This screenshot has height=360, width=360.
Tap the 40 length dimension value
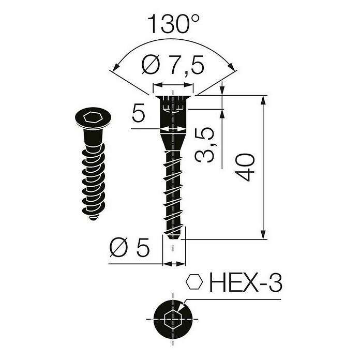(247, 167)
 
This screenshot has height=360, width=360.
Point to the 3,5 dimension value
(205, 146)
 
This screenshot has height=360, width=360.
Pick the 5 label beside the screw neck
(137, 113)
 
